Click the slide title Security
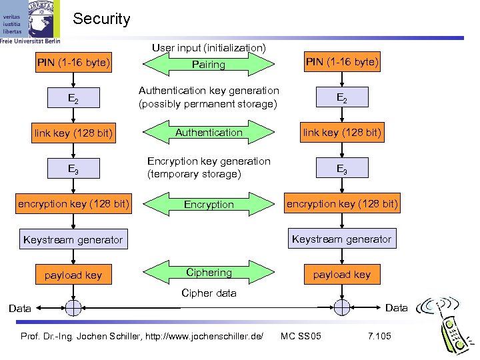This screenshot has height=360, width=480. tap(101, 19)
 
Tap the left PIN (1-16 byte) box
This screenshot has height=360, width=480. tap(73, 64)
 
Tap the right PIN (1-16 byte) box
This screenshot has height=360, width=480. tap(342, 63)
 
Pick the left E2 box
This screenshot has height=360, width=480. tap(73, 99)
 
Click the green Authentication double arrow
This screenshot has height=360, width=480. tap(209, 133)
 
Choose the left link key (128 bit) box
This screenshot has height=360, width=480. tap(73, 133)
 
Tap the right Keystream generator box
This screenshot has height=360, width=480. tap(342, 239)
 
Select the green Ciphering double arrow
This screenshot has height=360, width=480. tap(209, 273)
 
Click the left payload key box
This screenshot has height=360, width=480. tap(73, 274)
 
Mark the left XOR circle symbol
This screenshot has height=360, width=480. tap(73, 307)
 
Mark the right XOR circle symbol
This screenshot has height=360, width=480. tap(342, 307)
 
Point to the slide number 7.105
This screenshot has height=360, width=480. tap(379, 335)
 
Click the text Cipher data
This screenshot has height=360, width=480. tap(209, 293)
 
